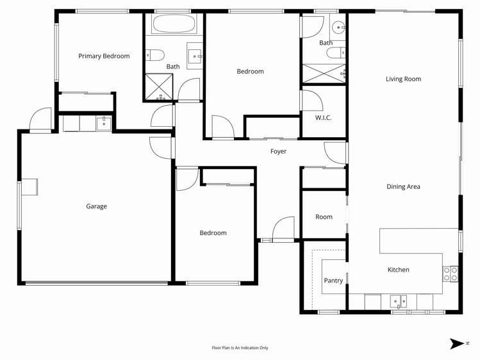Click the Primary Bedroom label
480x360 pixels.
pyautogui.click(x=104, y=56)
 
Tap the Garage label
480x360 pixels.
pyautogui.click(x=96, y=206)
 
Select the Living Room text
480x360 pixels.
pyautogui.click(x=403, y=79)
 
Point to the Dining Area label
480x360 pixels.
pyautogui.click(x=403, y=187)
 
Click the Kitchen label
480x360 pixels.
pyautogui.click(x=398, y=270)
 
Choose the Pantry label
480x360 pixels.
pyautogui.click(x=333, y=281)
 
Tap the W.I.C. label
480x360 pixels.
pyautogui.click(x=323, y=118)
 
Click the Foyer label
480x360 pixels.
pyautogui.click(x=278, y=152)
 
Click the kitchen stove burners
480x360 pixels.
pyautogui.click(x=451, y=274)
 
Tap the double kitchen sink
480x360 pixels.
pyautogui.click(x=399, y=300)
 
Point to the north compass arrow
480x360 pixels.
pyautogui.click(x=457, y=344)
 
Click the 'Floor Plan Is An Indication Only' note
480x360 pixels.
pyautogui.click(x=240, y=348)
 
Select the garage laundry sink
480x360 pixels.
pyautogui.click(x=104, y=123)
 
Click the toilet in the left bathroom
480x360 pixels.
pyautogui.click(x=156, y=54)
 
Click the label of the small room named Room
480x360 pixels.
pyautogui.click(x=324, y=217)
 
